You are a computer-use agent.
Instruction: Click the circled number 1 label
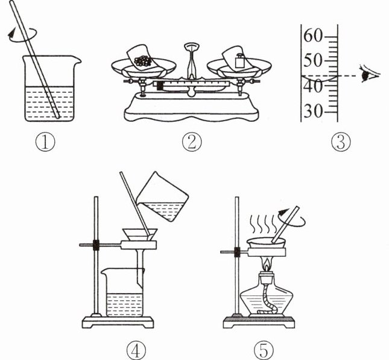click(x=45, y=142)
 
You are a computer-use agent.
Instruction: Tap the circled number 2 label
click(x=192, y=142)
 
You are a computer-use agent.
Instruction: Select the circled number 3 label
click(x=341, y=142)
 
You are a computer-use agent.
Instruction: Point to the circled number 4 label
click(x=136, y=350)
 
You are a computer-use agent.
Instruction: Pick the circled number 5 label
click(x=264, y=350)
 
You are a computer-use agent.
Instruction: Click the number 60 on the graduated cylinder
click(x=312, y=36)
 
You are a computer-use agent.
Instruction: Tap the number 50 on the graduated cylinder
click(x=312, y=60)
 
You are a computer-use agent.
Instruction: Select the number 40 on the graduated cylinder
click(x=312, y=87)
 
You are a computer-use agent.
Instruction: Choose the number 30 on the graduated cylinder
click(x=312, y=111)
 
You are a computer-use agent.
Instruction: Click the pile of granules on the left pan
click(x=143, y=60)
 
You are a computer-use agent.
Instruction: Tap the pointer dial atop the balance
click(x=192, y=46)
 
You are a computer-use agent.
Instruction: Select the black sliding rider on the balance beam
click(x=160, y=86)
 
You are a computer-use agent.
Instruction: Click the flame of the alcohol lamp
click(x=267, y=264)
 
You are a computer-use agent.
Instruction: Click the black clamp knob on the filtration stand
click(x=96, y=245)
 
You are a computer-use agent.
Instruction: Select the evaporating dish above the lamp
click(x=266, y=242)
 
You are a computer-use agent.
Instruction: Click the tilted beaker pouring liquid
click(x=162, y=197)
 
